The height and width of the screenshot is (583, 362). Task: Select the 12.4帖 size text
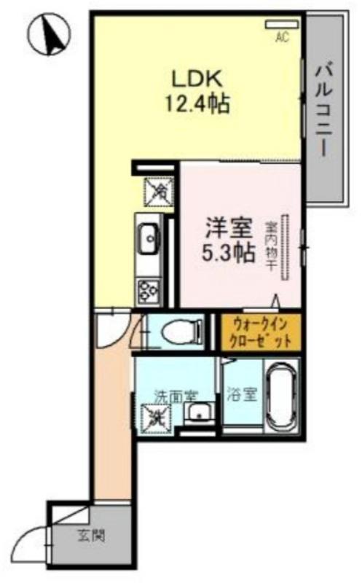[196, 103]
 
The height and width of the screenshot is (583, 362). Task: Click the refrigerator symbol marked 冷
[158, 191]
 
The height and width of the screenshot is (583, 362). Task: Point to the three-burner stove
[149, 289]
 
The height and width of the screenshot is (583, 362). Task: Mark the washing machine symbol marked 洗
[156, 418]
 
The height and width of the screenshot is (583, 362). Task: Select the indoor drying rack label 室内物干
[270, 247]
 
